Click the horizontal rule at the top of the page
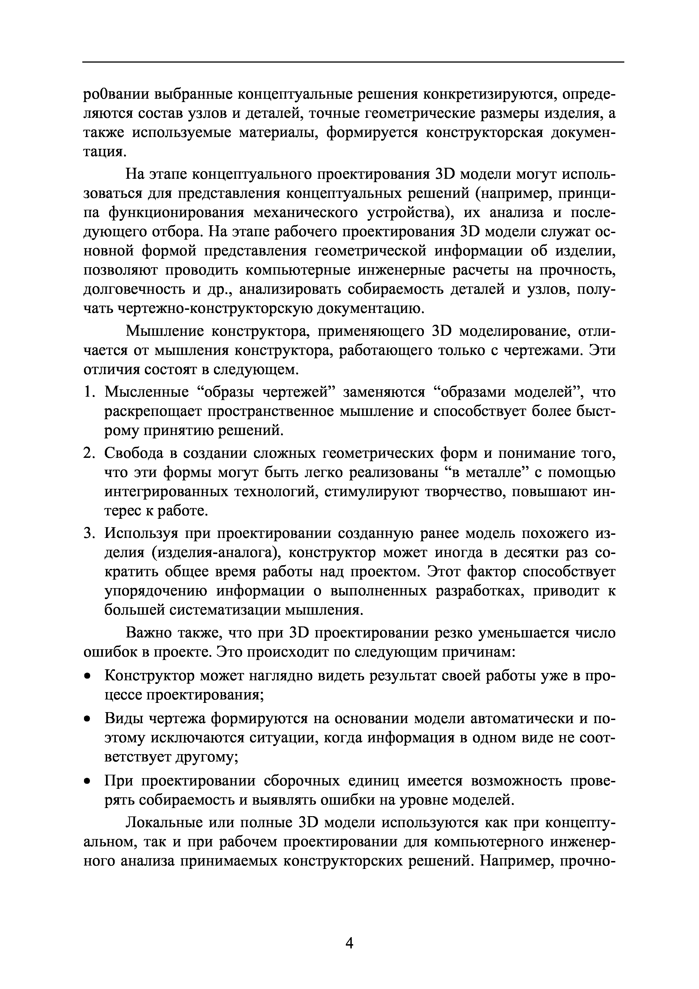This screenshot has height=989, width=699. [353, 63]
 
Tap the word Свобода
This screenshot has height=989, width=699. [135, 454]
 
